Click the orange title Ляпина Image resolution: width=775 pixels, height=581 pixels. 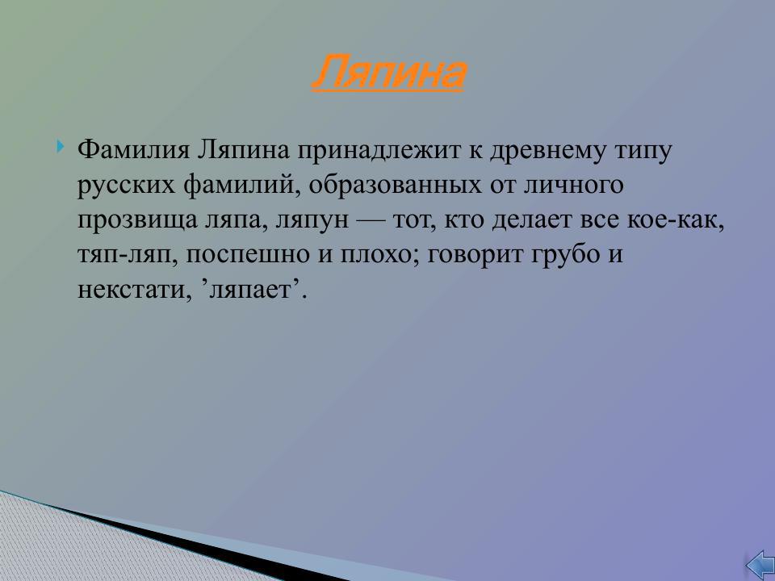coord(388,73)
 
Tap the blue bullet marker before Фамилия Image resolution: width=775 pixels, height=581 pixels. coord(62,148)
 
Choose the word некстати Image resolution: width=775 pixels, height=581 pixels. coord(132,290)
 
